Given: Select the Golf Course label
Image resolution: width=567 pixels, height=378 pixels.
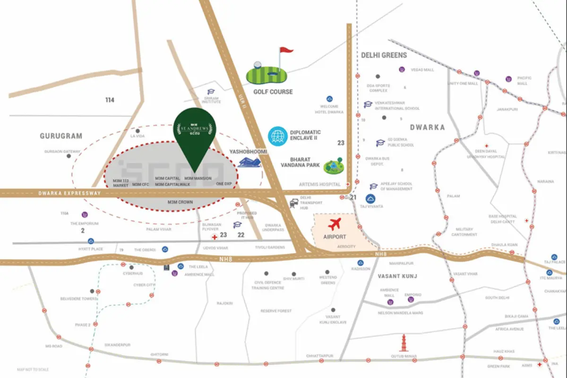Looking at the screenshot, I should [273, 92].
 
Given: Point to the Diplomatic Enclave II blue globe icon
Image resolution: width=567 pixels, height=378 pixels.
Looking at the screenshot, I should [277, 136].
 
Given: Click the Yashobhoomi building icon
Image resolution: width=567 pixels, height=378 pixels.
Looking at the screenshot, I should [250, 163].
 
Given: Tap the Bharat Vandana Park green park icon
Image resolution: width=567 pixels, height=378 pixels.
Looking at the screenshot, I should [334, 166].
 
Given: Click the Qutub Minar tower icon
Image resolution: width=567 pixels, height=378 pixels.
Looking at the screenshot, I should [404, 344].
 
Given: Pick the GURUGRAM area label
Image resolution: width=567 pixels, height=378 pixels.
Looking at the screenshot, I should [61, 136].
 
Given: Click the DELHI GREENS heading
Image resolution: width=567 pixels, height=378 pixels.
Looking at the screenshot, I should [384, 55].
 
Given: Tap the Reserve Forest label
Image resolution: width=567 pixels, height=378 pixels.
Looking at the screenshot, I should [276, 311].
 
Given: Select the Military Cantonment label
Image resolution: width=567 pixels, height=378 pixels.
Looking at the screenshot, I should [464, 232].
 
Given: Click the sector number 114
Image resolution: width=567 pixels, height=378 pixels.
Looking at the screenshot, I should [110, 100].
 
